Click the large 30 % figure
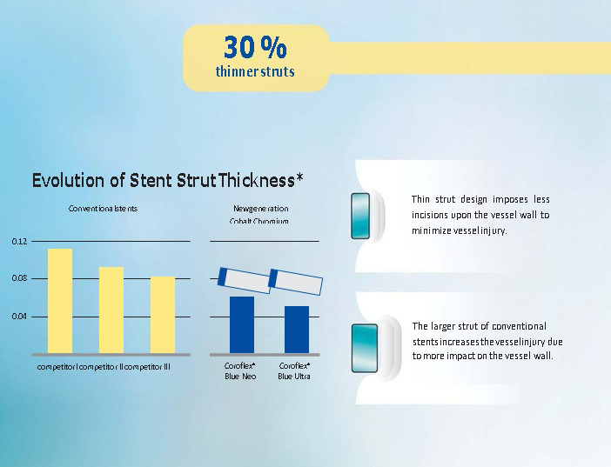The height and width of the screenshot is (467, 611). [x=255, y=48]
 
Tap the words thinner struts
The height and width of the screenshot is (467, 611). [x=255, y=71]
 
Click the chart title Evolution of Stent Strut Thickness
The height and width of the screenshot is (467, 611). [x=164, y=180]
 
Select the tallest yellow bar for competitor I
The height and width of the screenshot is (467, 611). [x=60, y=301]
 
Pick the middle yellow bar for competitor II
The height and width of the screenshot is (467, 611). [x=111, y=310]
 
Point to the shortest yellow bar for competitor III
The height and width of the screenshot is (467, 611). [x=163, y=315]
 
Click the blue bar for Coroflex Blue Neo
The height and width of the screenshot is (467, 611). [x=242, y=325]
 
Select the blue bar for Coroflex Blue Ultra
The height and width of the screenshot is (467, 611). [x=297, y=330]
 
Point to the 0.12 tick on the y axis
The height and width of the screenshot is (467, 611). [x=19, y=242]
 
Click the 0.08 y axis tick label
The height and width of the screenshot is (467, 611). [x=19, y=278]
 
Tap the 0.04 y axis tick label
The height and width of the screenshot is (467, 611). [x=19, y=317]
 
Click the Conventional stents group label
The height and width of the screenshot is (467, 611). [x=103, y=209]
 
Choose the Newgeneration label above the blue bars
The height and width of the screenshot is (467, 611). [x=261, y=209]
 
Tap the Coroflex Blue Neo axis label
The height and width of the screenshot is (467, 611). [x=240, y=370]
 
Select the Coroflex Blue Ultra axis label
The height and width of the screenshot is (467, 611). [x=294, y=370]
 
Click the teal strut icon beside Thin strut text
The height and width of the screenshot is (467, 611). [x=360, y=216]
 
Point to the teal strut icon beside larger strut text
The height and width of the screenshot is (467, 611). [x=365, y=348]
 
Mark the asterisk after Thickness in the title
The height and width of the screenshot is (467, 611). [x=299, y=177]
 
